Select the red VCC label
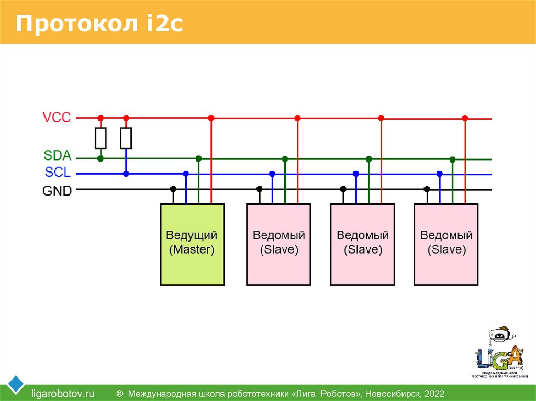[x=57, y=118]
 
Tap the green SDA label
[x=57, y=156]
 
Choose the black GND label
[x=57, y=191]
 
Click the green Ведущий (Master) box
[x=192, y=244]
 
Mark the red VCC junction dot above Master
[x=211, y=118]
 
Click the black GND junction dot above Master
[x=173, y=189]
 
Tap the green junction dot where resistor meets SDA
[x=100, y=158]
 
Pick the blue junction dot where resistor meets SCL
[x=126, y=174]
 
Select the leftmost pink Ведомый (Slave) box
[x=278, y=244]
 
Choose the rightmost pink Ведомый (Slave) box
[x=446, y=244]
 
